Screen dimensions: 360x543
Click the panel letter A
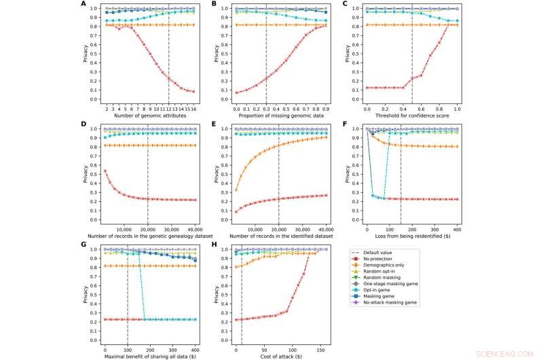(83, 4)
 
